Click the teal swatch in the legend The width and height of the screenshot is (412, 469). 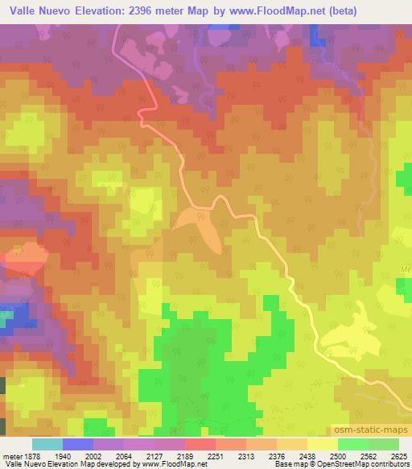click(47, 444)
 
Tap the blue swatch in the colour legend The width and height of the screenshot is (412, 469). click(78, 444)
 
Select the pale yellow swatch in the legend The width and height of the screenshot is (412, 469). click(323, 444)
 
